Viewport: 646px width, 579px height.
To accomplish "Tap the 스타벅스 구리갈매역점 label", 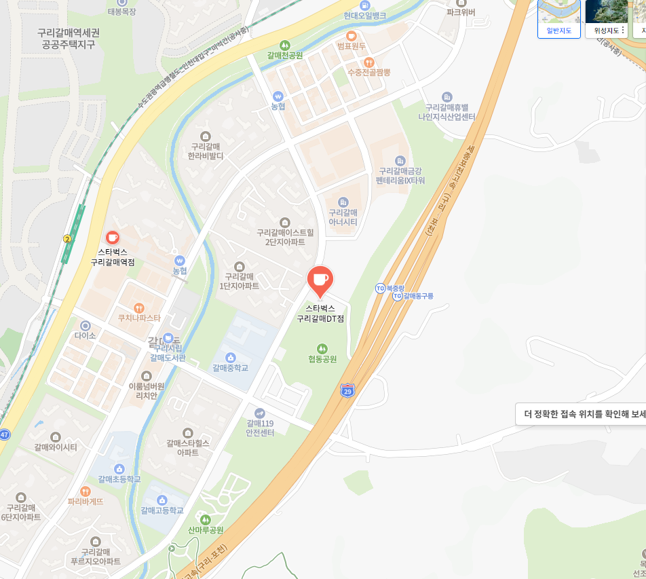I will click(x=113, y=257).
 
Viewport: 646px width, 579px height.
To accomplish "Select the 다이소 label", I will click(x=85, y=335).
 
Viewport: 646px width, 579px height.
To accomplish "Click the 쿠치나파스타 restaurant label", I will click(x=139, y=317).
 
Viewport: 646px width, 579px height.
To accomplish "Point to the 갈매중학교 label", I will click(x=230, y=368).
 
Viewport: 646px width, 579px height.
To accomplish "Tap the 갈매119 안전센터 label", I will click(x=260, y=428).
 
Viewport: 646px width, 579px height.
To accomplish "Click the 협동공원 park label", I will click(x=322, y=358).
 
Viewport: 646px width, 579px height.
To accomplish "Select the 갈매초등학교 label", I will click(x=119, y=479).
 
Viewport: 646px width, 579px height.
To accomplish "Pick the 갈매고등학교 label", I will click(x=162, y=510).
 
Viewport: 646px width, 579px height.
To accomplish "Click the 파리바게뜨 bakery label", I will click(x=85, y=502).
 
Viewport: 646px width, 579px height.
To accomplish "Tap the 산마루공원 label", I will click(x=206, y=529).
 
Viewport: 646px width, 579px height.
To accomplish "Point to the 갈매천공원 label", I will click(x=285, y=54).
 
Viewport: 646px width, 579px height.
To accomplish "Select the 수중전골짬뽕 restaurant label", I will click(x=368, y=71).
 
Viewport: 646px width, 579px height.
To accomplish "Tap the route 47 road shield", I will click(x=4, y=434).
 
